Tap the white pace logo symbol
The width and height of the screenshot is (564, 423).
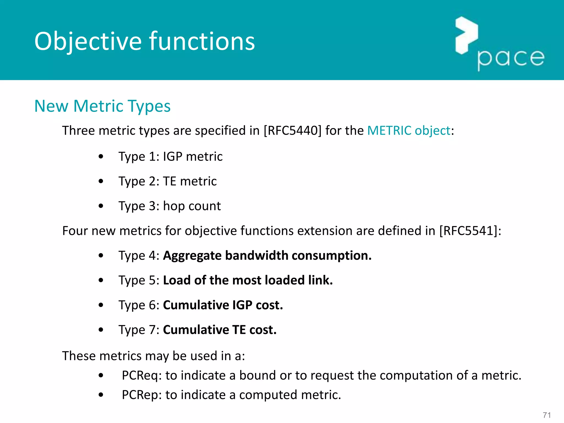(x=466, y=35)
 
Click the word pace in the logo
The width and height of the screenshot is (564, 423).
(x=511, y=59)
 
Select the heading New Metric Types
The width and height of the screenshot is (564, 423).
(x=102, y=106)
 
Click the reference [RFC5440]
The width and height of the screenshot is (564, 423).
(x=292, y=131)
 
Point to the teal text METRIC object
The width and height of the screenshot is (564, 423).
(x=409, y=131)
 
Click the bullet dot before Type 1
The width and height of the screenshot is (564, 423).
(x=101, y=156)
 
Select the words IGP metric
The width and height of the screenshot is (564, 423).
(x=192, y=156)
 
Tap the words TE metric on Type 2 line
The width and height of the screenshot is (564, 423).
(x=190, y=181)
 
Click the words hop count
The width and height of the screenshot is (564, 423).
(x=192, y=206)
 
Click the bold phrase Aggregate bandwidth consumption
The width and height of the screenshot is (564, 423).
(x=267, y=256)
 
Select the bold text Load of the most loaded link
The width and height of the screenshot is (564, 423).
(x=248, y=280)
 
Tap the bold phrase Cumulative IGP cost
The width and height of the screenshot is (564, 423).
(x=223, y=305)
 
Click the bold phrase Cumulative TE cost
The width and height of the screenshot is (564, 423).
(x=220, y=330)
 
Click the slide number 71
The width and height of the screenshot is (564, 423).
(x=547, y=415)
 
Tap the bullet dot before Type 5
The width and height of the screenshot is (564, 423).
(x=101, y=280)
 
